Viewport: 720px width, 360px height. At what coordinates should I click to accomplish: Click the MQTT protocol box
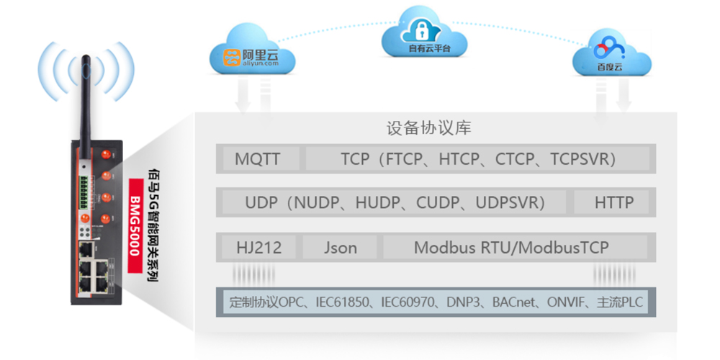pos(258,159)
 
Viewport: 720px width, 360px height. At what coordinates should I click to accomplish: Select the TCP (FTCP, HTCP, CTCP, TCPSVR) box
pos(478,159)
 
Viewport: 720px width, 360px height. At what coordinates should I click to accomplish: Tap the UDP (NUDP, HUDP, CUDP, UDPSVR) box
pos(395,203)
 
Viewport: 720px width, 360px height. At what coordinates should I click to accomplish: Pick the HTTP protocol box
pos(613,203)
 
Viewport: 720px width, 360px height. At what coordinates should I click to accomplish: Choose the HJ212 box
pos(258,248)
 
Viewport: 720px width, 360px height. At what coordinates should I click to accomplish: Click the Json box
pos(340,248)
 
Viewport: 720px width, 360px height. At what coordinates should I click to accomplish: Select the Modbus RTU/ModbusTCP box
pos(511,248)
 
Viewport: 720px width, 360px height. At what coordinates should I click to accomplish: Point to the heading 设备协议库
pos(428,129)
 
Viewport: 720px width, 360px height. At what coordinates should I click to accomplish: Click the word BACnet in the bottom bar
pos(515,302)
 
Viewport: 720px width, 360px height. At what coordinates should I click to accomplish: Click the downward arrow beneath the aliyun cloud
pos(243,97)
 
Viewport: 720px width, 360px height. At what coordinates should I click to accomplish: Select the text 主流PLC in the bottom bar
pos(621,302)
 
